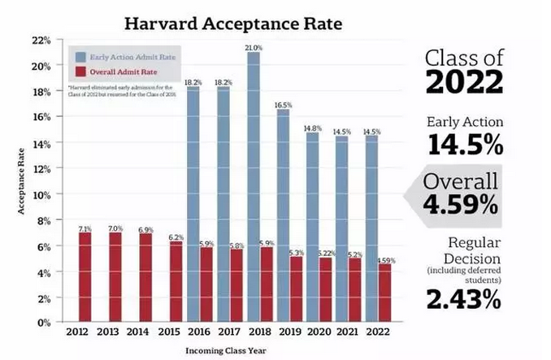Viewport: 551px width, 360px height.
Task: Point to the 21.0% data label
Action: [x=254, y=48]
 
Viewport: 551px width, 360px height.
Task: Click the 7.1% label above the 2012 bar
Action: [x=84, y=228]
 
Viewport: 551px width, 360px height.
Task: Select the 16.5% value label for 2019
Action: [x=283, y=105]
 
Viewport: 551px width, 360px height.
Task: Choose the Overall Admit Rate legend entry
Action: [x=124, y=71]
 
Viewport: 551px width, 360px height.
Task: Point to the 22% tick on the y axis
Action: [x=41, y=40]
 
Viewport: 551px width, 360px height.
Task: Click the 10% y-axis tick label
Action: [x=41, y=194]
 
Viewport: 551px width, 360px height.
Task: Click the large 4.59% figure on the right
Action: [x=461, y=206]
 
